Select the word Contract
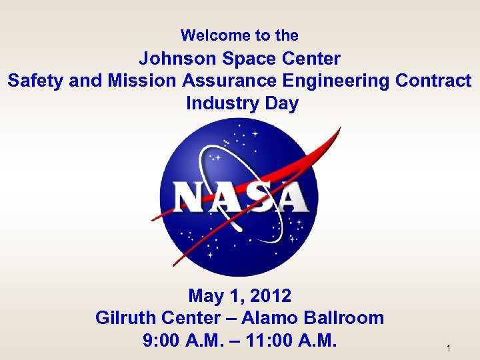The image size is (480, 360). [433, 81]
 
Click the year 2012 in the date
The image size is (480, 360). [271, 295]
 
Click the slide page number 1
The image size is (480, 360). [449, 349]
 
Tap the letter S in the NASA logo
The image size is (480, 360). [256, 198]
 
